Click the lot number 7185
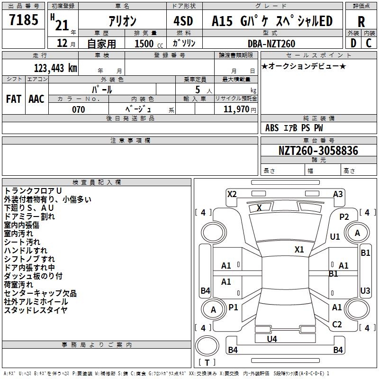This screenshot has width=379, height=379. (x=24, y=20)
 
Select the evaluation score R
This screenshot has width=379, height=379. (x=361, y=21)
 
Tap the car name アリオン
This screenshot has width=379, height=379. (x=122, y=21)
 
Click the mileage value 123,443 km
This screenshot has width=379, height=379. (x=55, y=68)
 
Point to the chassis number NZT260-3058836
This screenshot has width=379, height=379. (x=318, y=151)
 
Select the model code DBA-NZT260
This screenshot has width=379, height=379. (x=271, y=44)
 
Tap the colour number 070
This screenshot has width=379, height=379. (x=78, y=109)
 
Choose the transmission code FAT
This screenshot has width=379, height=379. (x=13, y=99)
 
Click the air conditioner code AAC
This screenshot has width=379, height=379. (x=36, y=99)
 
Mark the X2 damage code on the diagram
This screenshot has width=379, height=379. (x=232, y=194)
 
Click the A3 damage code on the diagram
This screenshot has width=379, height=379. (x=338, y=194)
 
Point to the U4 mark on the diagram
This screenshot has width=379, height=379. (x=271, y=339)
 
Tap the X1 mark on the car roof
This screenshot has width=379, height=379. (x=299, y=249)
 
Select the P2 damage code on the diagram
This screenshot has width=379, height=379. (x=344, y=217)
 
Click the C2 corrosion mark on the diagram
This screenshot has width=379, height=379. (x=337, y=325)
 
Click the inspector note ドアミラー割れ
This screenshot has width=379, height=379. (x=29, y=217)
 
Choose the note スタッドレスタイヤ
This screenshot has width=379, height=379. (x=36, y=310)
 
